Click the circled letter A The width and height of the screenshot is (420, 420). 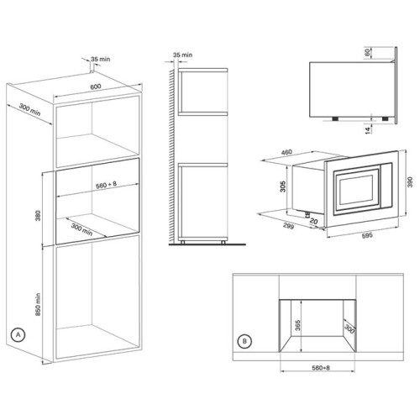coord(18,335)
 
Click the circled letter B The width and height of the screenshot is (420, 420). coord(244,341)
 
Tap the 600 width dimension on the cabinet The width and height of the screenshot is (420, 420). coord(96,87)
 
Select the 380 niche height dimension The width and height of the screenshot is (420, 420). coord(38,216)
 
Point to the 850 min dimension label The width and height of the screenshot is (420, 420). coord(38,304)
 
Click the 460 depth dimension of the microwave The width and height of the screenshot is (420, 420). coord(286,152)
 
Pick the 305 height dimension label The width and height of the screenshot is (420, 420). coord(283,186)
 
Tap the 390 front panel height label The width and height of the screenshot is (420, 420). coord(410,182)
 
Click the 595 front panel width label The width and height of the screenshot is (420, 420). coord(367,235)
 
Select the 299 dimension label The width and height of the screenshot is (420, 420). coord(288,226)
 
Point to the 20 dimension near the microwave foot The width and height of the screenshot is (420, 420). coord(314,221)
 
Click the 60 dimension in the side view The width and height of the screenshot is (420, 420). coord(367,52)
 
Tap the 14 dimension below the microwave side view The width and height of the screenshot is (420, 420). coord(369,129)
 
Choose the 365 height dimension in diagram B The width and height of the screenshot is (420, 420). coord(297,325)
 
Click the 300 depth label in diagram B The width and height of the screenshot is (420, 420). coord(349,328)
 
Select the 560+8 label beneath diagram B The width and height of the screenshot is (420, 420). coord(321,368)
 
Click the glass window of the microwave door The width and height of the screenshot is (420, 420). coord(356,190)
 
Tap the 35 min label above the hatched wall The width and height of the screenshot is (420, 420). coord(182,55)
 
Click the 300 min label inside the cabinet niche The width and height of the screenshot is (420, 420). coord(81,229)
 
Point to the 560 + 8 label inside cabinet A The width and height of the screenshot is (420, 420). coord(106,185)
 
